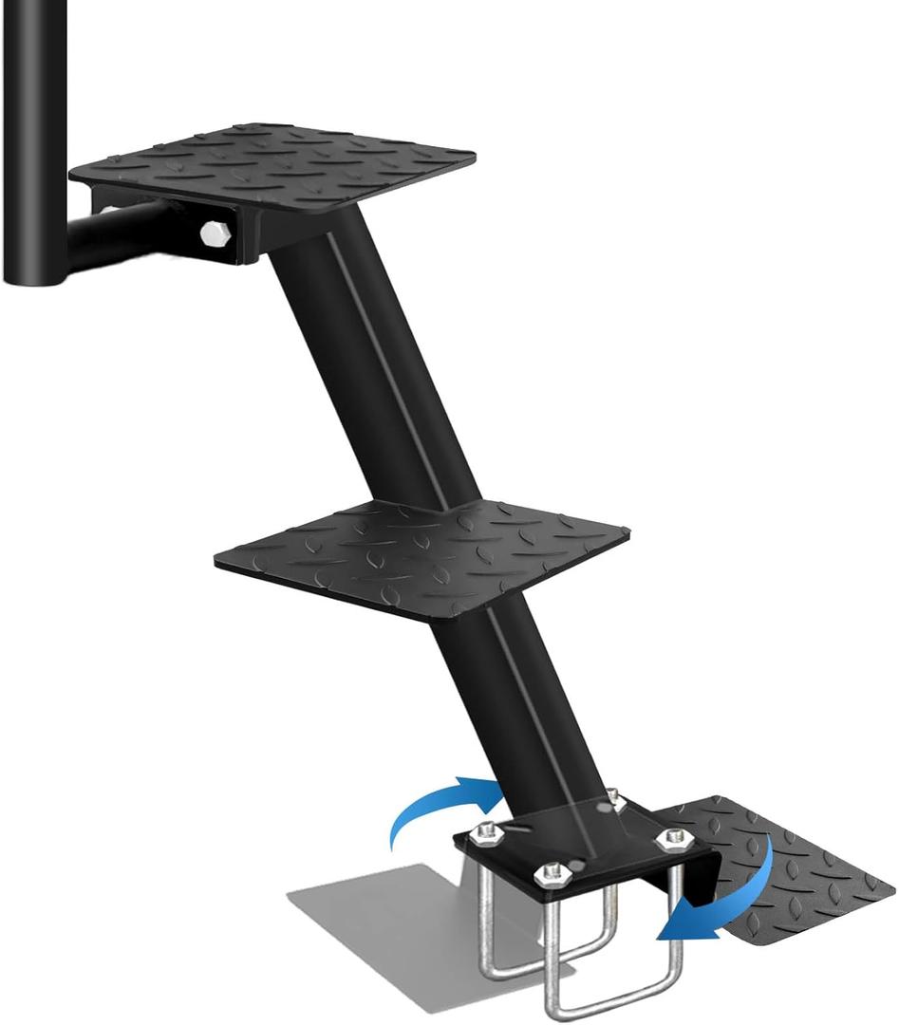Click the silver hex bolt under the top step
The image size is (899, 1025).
pyautogui.click(x=215, y=233)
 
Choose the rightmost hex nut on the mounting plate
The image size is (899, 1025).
pyautogui.click(x=674, y=837)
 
